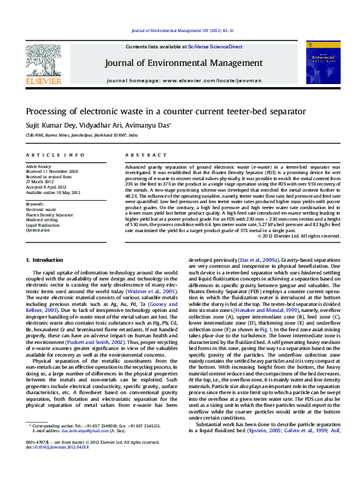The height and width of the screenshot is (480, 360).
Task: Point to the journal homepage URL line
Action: pos(184,80)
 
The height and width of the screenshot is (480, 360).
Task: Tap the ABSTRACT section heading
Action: pos(137,155)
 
